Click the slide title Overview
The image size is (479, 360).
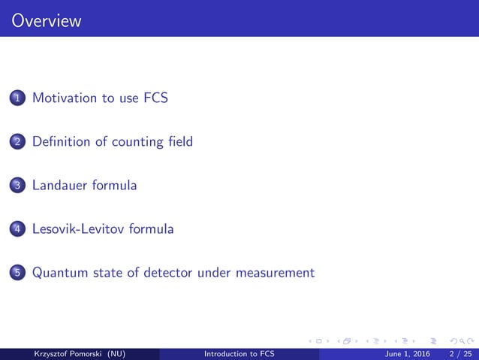47,21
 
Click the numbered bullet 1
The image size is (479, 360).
17,98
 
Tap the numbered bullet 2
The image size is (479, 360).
17,142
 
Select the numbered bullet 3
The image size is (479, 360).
17,186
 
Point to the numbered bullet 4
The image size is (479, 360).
17,229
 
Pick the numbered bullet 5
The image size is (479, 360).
17,273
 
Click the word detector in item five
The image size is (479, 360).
167,272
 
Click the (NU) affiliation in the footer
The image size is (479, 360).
118,354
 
